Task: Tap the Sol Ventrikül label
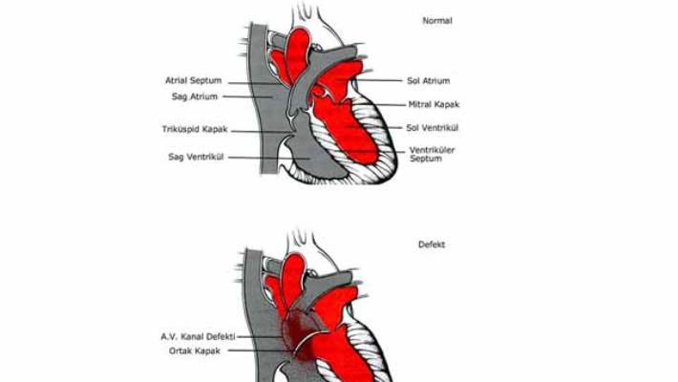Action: click(x=431, y=127)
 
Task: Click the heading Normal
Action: click(x=436, y=19)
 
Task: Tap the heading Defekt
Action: click(x=432, y=244)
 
